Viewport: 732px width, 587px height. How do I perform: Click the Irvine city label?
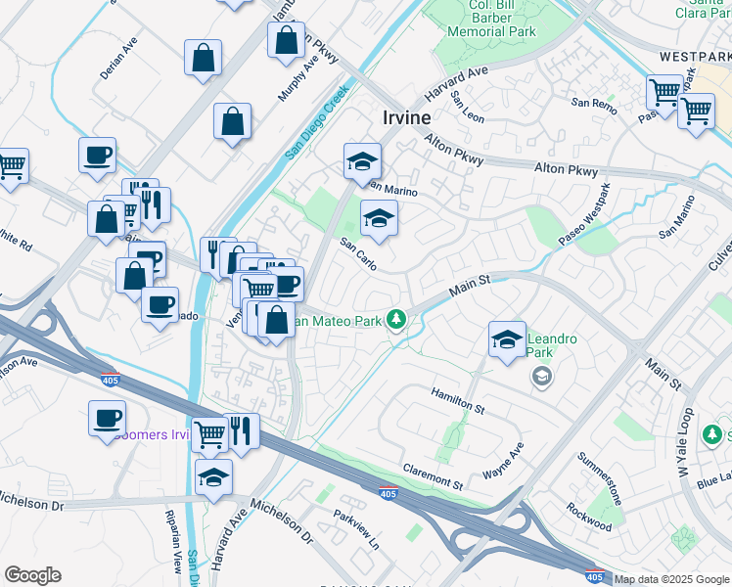(x=405, y=117)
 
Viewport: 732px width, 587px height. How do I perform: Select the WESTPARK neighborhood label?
(x=695, y=57)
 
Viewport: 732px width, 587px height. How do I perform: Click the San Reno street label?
(x=593, y=103)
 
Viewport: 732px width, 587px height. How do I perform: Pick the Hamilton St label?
(x=458, y=399)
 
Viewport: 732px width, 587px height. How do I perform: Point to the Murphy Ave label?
(x=311, y=76)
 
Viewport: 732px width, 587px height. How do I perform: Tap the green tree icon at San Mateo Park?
(x=396, y=319)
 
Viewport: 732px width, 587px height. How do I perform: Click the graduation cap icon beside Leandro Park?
(x=506, y=339)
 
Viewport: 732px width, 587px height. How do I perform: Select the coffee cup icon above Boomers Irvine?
(x=107, y=418)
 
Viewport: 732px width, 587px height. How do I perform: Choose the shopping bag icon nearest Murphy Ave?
(x=286, y=41)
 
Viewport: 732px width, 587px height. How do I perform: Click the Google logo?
(x=32, y=575)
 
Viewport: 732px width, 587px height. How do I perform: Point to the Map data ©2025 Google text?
(x=671, y=579)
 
